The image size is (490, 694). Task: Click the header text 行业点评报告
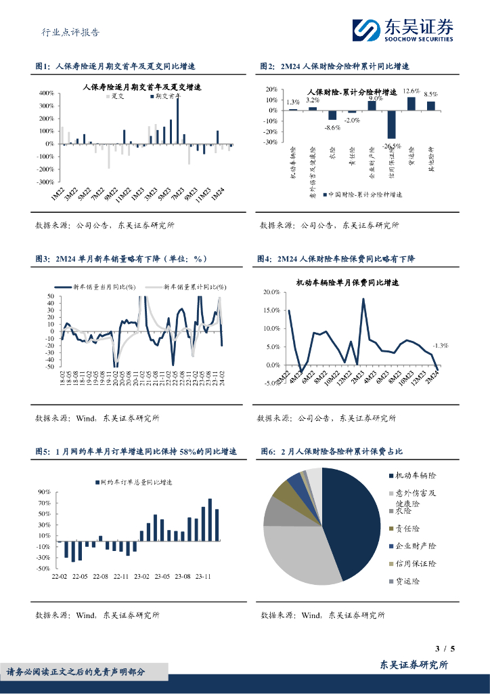pyautogui.click(x=70, y=31)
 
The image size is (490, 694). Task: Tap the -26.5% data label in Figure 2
pyautogui.click(x=391, y=145)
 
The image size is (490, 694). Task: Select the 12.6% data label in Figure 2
pyautogui.click(x=411, y=91)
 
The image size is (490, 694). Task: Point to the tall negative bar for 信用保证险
pyautogui.click(x=391, y=124)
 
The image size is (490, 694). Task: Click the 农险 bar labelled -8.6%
pyautogui.click(x=332, y=115)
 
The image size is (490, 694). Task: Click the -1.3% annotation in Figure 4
pyautogui.click(x=440, y=345)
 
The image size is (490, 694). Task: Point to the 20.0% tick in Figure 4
pyautogui.click(x=271, y=292)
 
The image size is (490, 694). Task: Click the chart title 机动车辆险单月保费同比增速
pyautogui.click(x=348, y=282)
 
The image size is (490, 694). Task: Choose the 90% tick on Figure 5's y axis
pyautogui.click(x=44, y=492)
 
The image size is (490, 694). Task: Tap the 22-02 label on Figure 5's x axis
pyautogui.click(x=60, y=577)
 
